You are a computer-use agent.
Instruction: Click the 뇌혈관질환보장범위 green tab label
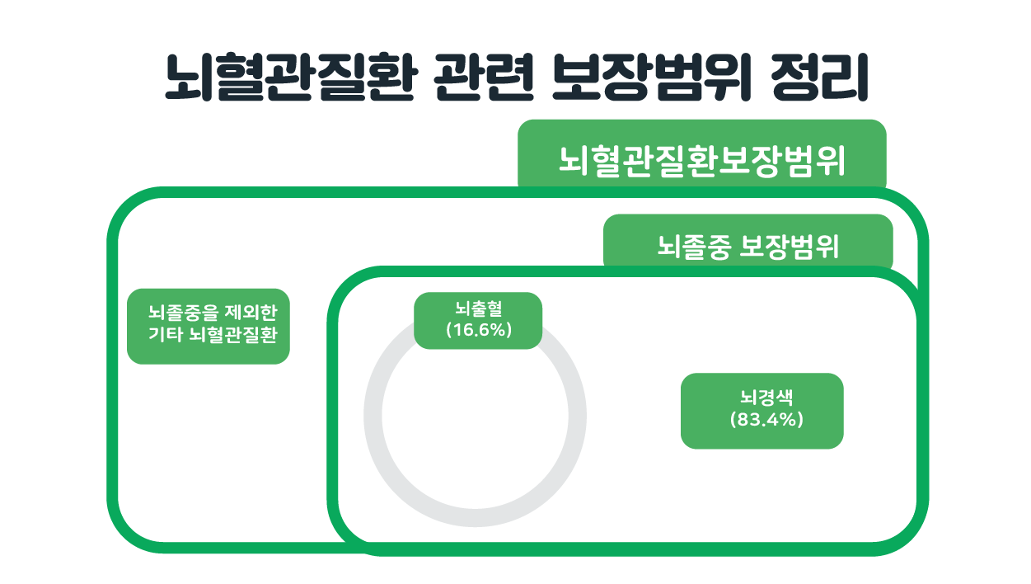(x=702, y=153)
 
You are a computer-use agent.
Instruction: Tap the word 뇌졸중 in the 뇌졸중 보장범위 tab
(x=694, y=247)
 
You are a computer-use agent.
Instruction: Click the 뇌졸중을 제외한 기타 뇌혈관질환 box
(x=208, y=326)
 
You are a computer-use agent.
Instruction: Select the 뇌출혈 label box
(x=478, y=321)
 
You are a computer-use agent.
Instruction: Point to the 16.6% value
(x=479, y=330)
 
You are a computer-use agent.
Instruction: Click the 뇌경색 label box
(x=762, y=411)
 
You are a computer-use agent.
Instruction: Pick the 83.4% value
(x=766, y=419)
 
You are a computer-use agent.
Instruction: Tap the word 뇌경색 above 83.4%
(x=766, y=398)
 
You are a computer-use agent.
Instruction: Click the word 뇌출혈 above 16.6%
(x=479, y=308)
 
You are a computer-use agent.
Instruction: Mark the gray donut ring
(x=373, y=416)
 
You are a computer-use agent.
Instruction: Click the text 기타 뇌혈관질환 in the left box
(x=213, y=334)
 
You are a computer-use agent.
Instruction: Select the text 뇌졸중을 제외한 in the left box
(x=213, y=313)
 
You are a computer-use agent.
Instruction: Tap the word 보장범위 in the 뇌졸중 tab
(x=790, y=247)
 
